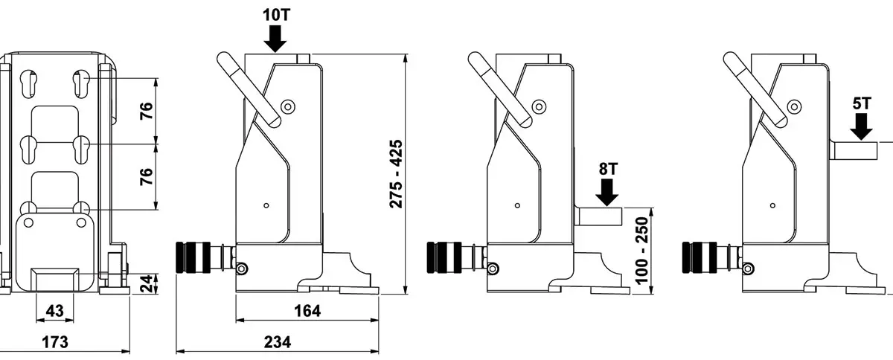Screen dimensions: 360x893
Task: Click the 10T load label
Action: pyautogui.click(x=275, y=13)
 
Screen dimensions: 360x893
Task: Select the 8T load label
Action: pyautogui.click(x=608, y=168)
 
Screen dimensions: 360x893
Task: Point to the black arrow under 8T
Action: pyautogui.click(x=608, y=193)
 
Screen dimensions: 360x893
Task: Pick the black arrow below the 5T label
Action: pyautogui.click(x=862, y=128)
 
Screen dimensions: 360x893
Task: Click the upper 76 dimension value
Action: pyautogui.click(x=147, y=110)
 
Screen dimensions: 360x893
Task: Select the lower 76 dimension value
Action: pyautogui.click(x=147, y=176)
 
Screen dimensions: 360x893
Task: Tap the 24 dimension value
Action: pyautogui.click(x=147, y=283)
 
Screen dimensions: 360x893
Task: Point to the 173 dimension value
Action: pyautogui.click(x=55, y=342)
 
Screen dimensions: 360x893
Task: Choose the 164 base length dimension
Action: pyautogui.click(x=305, y=312)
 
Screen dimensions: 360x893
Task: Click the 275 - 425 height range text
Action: pyautogui.click(x=396, y=173)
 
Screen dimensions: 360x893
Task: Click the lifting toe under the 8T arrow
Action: pyautogui.click(x=599, y=217)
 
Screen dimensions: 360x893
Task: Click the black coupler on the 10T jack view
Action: pyautogui.click(x=194, y=257)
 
